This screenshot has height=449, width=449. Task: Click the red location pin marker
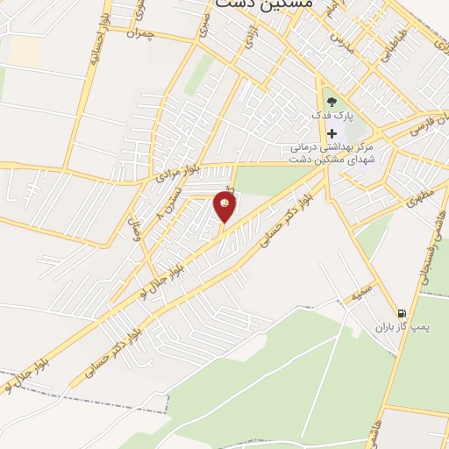pyautogui.click(x=225, y=206)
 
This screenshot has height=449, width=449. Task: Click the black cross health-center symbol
pyautogui.click(x=331, y=133)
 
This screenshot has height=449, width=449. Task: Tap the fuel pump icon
pyautogui.click(x=402, y=313)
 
